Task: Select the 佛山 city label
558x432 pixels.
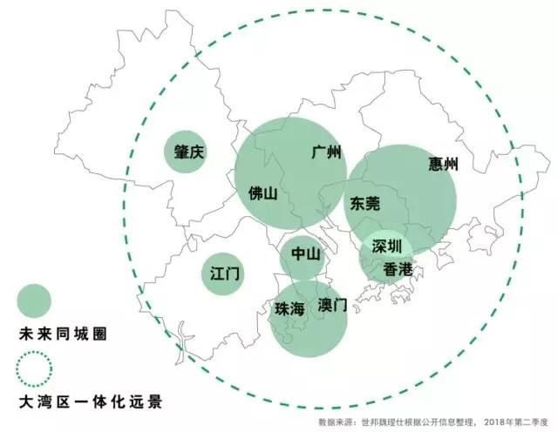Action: pos(262,193)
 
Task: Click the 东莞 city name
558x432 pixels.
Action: pos(365,204)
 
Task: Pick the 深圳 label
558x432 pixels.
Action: pos(386,246)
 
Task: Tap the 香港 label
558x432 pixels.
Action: pos(398,269)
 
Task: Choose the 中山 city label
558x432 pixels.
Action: pos(306,255)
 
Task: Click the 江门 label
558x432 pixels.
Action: pos(225,273)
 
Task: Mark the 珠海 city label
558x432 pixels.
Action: pos(289,308)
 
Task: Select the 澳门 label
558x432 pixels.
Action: pos(332,306)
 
